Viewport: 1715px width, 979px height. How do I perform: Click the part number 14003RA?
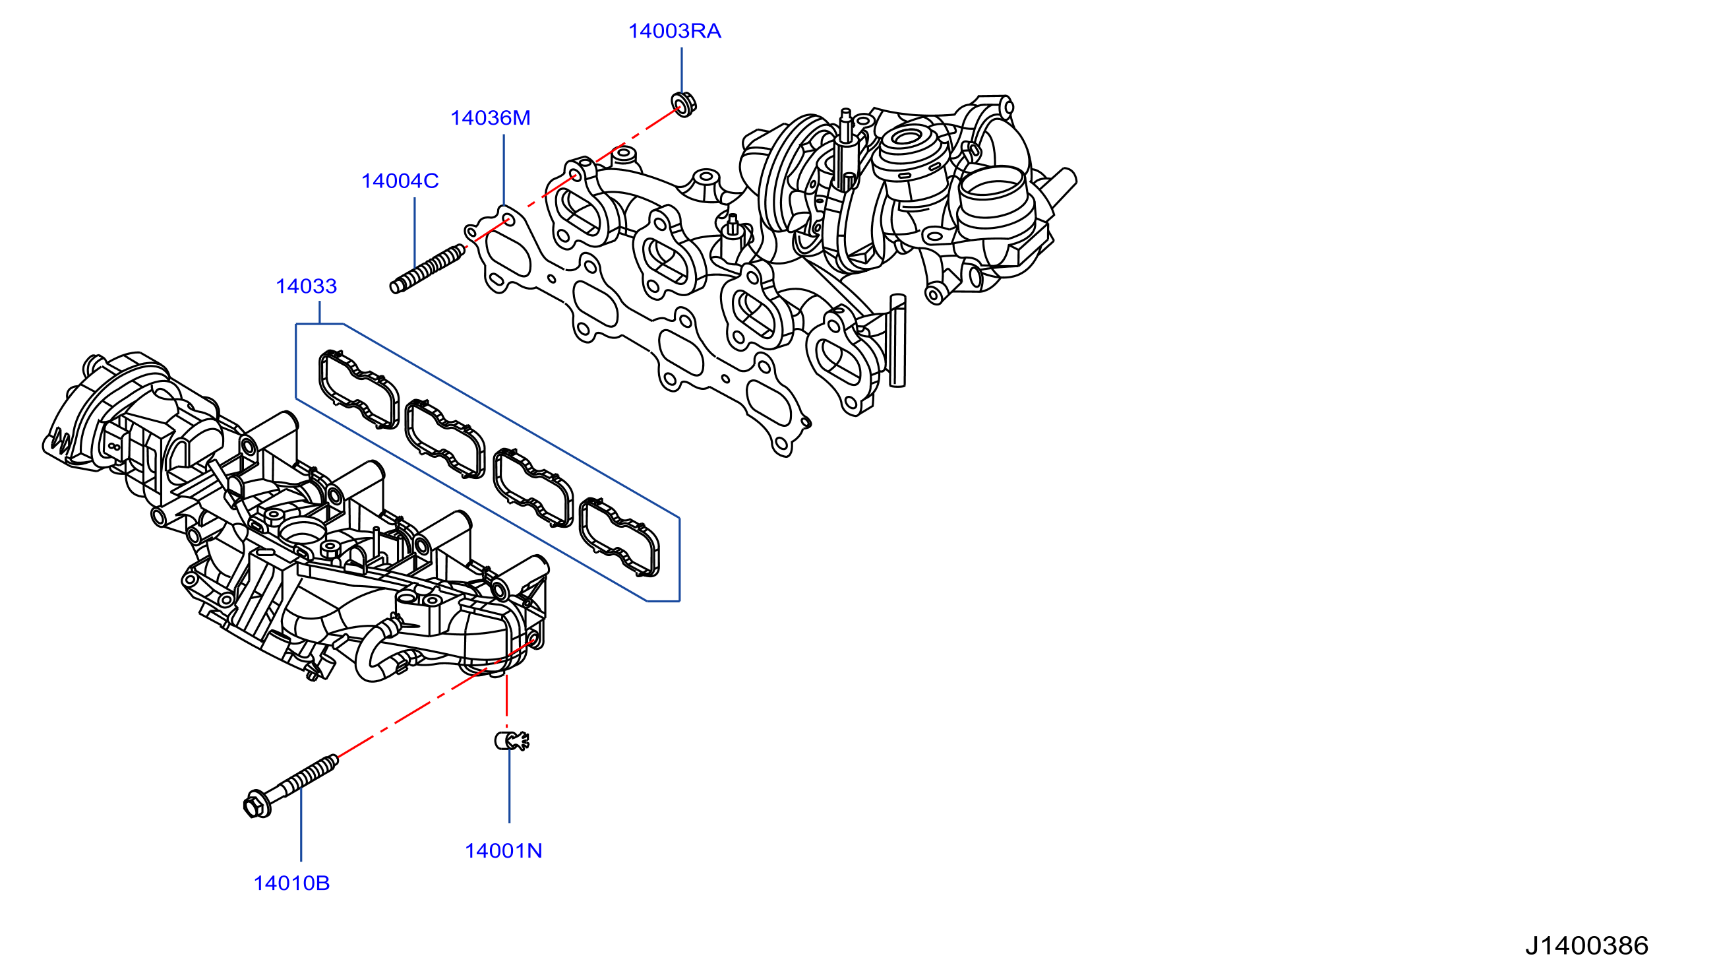coord(674,31)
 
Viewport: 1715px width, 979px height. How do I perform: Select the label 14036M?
coord(490,117)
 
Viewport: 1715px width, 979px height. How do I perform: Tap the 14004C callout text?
coord(400,181)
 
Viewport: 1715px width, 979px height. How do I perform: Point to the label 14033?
coord(307,286)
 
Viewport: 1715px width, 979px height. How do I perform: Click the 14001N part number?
coord(503,851)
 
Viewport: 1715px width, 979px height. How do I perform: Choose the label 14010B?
coord(291,883)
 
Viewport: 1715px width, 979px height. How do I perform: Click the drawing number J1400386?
coord(1586,946)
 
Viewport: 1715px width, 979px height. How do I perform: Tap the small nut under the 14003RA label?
coord(684,104)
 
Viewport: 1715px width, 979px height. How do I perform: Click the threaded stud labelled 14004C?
coord(427,269)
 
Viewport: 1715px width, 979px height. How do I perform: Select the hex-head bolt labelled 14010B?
coord(290,786)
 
